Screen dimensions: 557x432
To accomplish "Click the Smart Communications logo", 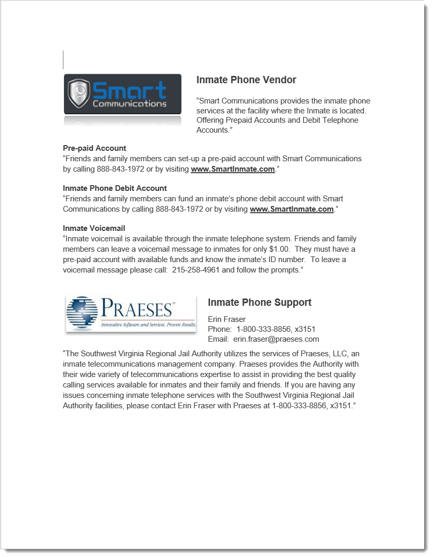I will click(123, 94).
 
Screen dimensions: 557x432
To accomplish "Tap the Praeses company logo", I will click(131, 313).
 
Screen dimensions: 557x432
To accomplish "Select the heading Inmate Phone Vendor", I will click(246, 80).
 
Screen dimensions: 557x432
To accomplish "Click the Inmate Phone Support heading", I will click(259, 303).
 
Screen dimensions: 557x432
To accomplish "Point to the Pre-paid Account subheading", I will click(95, 148).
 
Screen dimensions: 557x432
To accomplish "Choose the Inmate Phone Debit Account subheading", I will click(115, 188).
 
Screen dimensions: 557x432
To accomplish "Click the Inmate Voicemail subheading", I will click(94, 228).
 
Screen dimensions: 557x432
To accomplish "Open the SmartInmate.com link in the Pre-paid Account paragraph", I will click(232, 169).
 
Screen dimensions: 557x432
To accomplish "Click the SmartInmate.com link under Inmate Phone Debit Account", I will click(291, 209).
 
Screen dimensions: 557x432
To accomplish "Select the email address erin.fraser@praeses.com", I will click(276, 339).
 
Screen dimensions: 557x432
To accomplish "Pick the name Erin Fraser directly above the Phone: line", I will click(227, 319).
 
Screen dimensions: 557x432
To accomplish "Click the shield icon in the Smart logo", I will click(80, 94).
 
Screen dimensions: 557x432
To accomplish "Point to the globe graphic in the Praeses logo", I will click(82, 313).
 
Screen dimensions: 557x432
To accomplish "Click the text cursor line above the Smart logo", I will click(63, 60).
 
